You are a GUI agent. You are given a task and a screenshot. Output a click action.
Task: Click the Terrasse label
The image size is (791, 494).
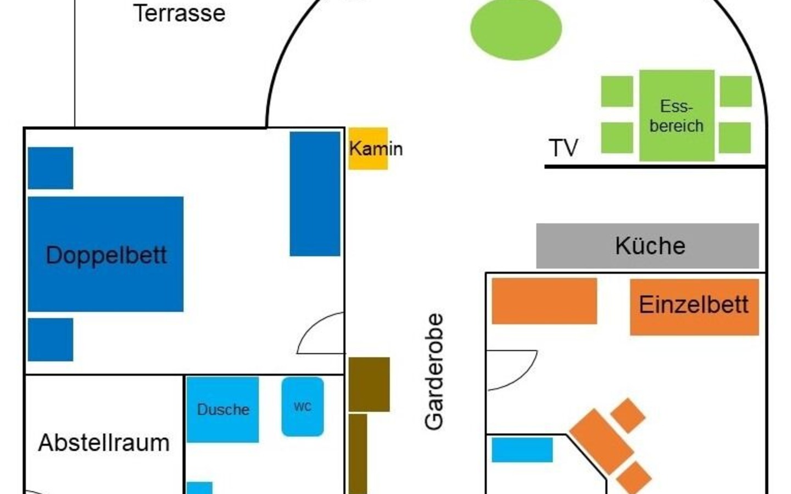(x=179, y=13)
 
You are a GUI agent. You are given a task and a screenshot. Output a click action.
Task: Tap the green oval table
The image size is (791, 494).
(x=516, y=29)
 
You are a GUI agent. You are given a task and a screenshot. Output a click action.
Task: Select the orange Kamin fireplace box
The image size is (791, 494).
(x=368, y=149)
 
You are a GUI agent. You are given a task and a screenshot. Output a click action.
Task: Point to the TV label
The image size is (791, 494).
(x=563, y=148)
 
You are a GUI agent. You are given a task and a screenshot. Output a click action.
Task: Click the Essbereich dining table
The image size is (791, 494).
(x=677, y=116)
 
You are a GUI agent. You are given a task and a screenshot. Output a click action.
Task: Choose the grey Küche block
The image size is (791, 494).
(x=648, y=246)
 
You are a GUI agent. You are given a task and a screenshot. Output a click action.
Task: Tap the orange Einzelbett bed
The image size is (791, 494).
(x=694, y=307)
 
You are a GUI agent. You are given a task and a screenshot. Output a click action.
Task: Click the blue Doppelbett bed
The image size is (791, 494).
(x=105, y=254)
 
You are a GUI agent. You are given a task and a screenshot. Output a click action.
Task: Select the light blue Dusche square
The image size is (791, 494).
(x=222, y=409)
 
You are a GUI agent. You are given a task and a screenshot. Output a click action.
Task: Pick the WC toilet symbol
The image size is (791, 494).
(x=303, y=407)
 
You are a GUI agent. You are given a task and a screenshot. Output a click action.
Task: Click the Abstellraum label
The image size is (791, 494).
(x=104, y=442)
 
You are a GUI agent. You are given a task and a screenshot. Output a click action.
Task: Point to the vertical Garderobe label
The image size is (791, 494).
(x=433, y=372)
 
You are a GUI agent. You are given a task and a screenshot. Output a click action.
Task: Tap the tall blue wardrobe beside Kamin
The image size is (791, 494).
(x=315, y=194)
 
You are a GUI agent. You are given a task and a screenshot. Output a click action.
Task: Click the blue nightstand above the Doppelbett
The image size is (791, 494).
(x=51, y=168)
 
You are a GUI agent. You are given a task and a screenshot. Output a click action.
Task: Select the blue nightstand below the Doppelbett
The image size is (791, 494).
(x=51, y=339)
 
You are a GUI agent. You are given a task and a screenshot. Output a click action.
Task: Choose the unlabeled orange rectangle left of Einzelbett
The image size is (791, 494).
(x=544, y=301)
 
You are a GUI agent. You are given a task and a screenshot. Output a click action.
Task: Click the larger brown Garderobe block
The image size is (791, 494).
(x=369, y=384)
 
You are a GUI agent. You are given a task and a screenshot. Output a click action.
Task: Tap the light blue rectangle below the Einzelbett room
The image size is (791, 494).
(x=522, y=450)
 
